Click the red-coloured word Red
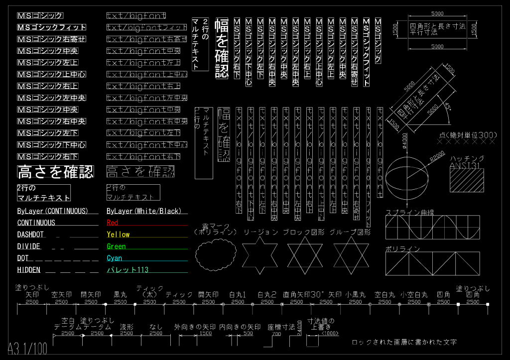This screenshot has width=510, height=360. (112, 223)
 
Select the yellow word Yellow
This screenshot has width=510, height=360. (118, 235)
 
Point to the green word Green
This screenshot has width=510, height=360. (116, 246)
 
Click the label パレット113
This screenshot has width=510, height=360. (127, 270)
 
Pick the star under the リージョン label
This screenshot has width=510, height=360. (260, 255)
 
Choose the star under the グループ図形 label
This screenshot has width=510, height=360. (351, 255)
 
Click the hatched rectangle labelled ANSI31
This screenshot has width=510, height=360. (467, 179)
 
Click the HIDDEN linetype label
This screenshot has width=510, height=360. (29, 270)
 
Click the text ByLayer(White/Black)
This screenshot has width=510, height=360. (144, 211)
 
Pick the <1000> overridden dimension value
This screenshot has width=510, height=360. (330, 333)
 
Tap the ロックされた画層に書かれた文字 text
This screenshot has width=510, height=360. (404, 342)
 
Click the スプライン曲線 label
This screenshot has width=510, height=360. (410, 213)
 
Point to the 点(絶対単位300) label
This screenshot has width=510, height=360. (468, 135)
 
